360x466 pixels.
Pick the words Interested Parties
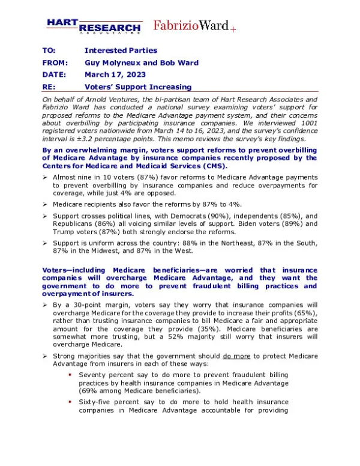point(121,50)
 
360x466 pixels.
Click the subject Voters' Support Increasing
point(138,87)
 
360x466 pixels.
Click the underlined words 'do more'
point(235,356)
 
